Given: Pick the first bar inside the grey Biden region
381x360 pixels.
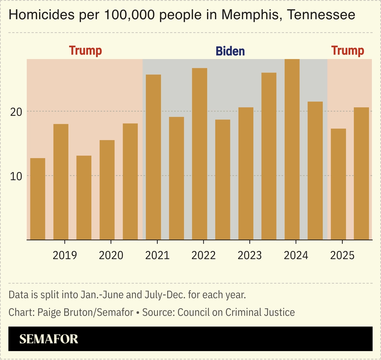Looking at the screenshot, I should pyautogui.click(x=153, y=157).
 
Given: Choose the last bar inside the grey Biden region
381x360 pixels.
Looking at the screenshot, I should pyautogui.click(x=315, y=171).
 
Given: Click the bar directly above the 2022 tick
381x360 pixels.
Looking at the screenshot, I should pyautogui.click(x=200, y=154).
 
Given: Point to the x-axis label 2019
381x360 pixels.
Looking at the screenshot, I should pyautogui.click(x=65, y=255).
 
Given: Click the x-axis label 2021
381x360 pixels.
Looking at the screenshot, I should pyautogui.click(x=157, y=255).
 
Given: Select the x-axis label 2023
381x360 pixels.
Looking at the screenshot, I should pyautogui.click(x=250, y=255).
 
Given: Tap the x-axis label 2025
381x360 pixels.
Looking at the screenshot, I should pyautogui.click(x=342, y=255).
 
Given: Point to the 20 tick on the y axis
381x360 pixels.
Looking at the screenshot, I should pyautogui.click(x=16, y=112).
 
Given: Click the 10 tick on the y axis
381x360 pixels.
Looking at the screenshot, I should pyautogui.click(x=16, y=176).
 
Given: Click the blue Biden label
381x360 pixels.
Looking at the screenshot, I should pyautogui.click(x=230, y=51).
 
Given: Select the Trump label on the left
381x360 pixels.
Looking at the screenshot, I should pyautogui.click(x=85, y=51).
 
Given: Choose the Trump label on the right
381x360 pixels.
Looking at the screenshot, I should pyautogui.click(x=348, y=51).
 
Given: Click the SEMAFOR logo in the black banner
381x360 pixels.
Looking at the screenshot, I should pyautogui.click(x=49, y=339).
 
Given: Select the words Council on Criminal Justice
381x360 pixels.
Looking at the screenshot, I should pyautogui.click(x=236, y=312).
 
